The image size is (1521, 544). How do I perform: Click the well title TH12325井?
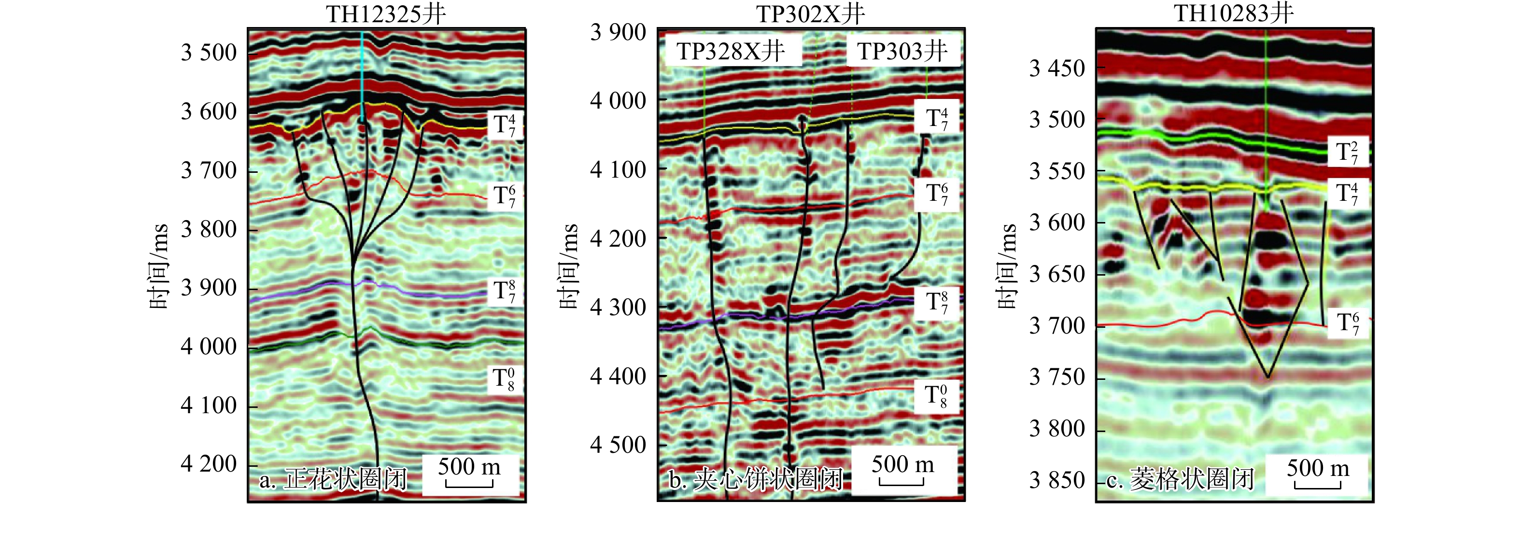point(386,14)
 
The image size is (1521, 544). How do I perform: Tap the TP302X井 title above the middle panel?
point(810,14)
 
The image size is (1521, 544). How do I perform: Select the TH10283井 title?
point(1233,13)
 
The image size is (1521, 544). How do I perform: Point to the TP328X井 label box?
point(731,51)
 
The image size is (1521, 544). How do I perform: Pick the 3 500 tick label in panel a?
point(209,53)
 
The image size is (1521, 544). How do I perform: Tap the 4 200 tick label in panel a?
point(209,464)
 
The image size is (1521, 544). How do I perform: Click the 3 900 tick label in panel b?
point(618,32)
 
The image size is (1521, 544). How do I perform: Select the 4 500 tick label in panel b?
point(618,445)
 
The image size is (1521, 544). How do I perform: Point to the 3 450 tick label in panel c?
point(1057,69)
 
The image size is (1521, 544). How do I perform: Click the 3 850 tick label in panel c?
point(1057,480)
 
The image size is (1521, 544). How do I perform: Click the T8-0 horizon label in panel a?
point(504,379)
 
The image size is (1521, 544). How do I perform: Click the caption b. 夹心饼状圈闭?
point(755,480)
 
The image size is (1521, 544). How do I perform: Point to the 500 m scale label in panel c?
point(1318,469)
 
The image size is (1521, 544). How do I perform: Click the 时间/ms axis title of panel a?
point(159,266)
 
